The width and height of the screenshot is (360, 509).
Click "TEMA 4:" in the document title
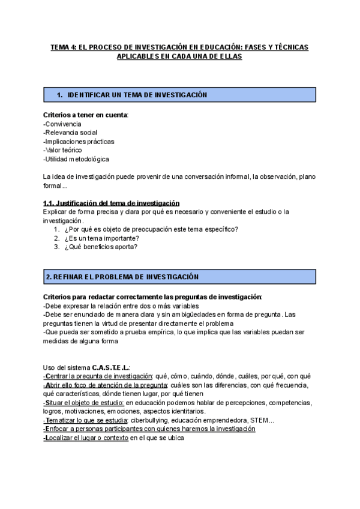click(62, 46)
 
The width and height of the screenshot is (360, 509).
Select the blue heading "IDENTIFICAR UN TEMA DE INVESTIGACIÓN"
click(137, 95)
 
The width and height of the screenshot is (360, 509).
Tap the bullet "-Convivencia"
click(62, 124)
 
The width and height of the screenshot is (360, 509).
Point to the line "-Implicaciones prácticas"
click(79, 142)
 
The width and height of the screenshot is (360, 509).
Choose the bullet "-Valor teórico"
click(62, 150)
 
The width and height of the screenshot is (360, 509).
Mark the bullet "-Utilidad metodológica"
click(76, 159)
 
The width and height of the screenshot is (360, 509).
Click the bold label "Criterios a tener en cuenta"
click(86, 115)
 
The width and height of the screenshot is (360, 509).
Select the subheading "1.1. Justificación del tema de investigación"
click(111, 203)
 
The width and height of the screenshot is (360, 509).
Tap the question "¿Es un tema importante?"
click(101, 238)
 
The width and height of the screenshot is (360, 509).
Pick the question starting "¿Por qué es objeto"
click(151, 229)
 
